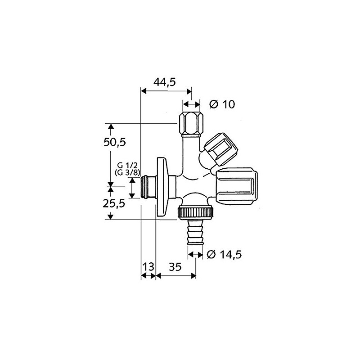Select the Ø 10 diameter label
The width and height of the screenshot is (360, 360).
(223, 104)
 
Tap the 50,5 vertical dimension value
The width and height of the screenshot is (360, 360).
(113, 143)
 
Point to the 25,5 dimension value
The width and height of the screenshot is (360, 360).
(113, 203)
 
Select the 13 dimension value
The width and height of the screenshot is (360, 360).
(148, 267)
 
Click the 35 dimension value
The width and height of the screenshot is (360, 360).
(175, 267)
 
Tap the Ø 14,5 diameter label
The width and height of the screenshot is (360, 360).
(225, 255)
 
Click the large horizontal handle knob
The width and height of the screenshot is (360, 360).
(236, 186)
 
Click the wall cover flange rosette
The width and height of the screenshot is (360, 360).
(162, 186)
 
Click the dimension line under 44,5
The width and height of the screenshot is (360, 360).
(166, 90)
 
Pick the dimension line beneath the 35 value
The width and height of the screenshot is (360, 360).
(175, 276)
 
